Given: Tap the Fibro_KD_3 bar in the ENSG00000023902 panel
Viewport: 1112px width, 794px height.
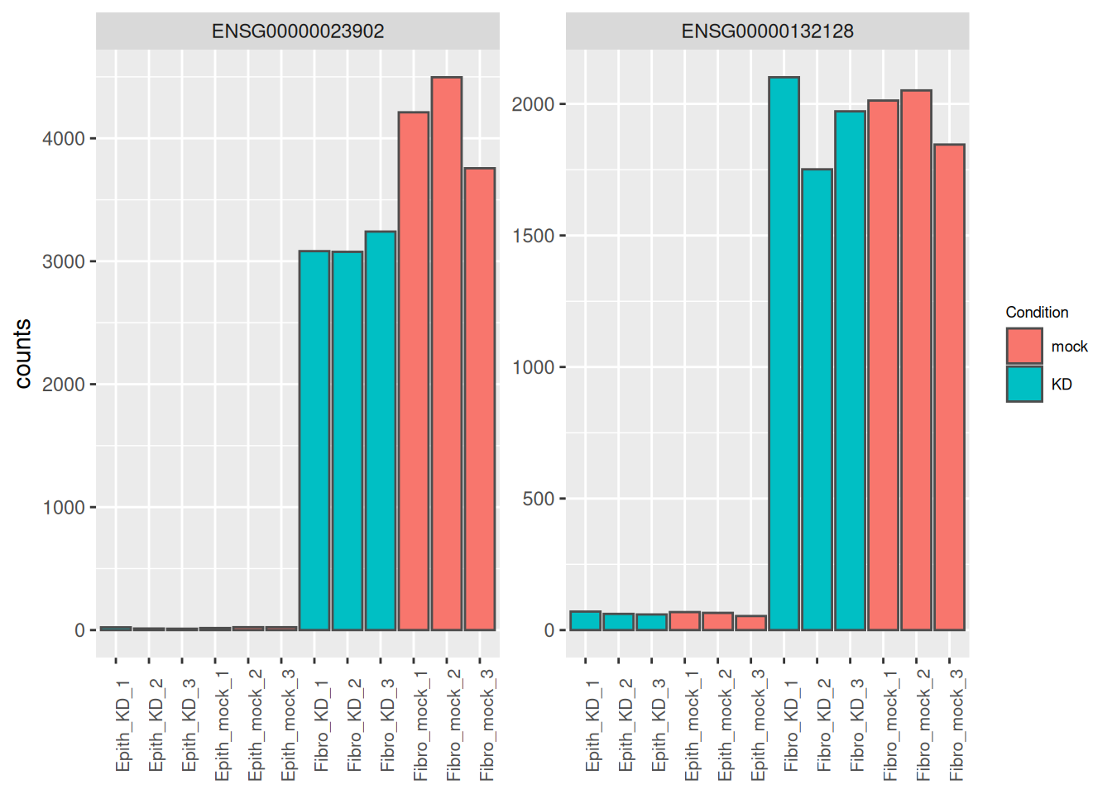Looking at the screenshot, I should tap(381, 430).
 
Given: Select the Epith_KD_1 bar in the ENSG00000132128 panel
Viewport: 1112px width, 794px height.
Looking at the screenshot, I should tap(586, 621).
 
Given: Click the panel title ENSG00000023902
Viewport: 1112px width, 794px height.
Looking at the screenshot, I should tap(298, 31).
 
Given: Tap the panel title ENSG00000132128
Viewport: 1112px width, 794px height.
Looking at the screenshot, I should tap(767, 31).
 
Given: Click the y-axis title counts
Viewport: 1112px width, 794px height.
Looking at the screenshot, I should tap(23, 354).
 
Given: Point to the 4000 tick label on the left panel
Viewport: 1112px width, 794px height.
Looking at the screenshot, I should tap(64, 138).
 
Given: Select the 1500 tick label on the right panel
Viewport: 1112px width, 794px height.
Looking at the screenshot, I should tap(533, 236).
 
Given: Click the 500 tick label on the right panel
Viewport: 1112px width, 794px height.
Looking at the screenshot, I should tap(538, 499).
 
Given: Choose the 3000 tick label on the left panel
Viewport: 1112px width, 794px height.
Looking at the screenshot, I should tap(64, 261).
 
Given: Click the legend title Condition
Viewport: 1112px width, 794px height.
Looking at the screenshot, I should tap(1037, 312).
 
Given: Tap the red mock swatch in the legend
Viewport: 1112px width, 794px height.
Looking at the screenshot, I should tap(1024, 346).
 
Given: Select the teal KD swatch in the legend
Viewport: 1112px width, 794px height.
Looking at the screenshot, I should tap(1024, 384).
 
